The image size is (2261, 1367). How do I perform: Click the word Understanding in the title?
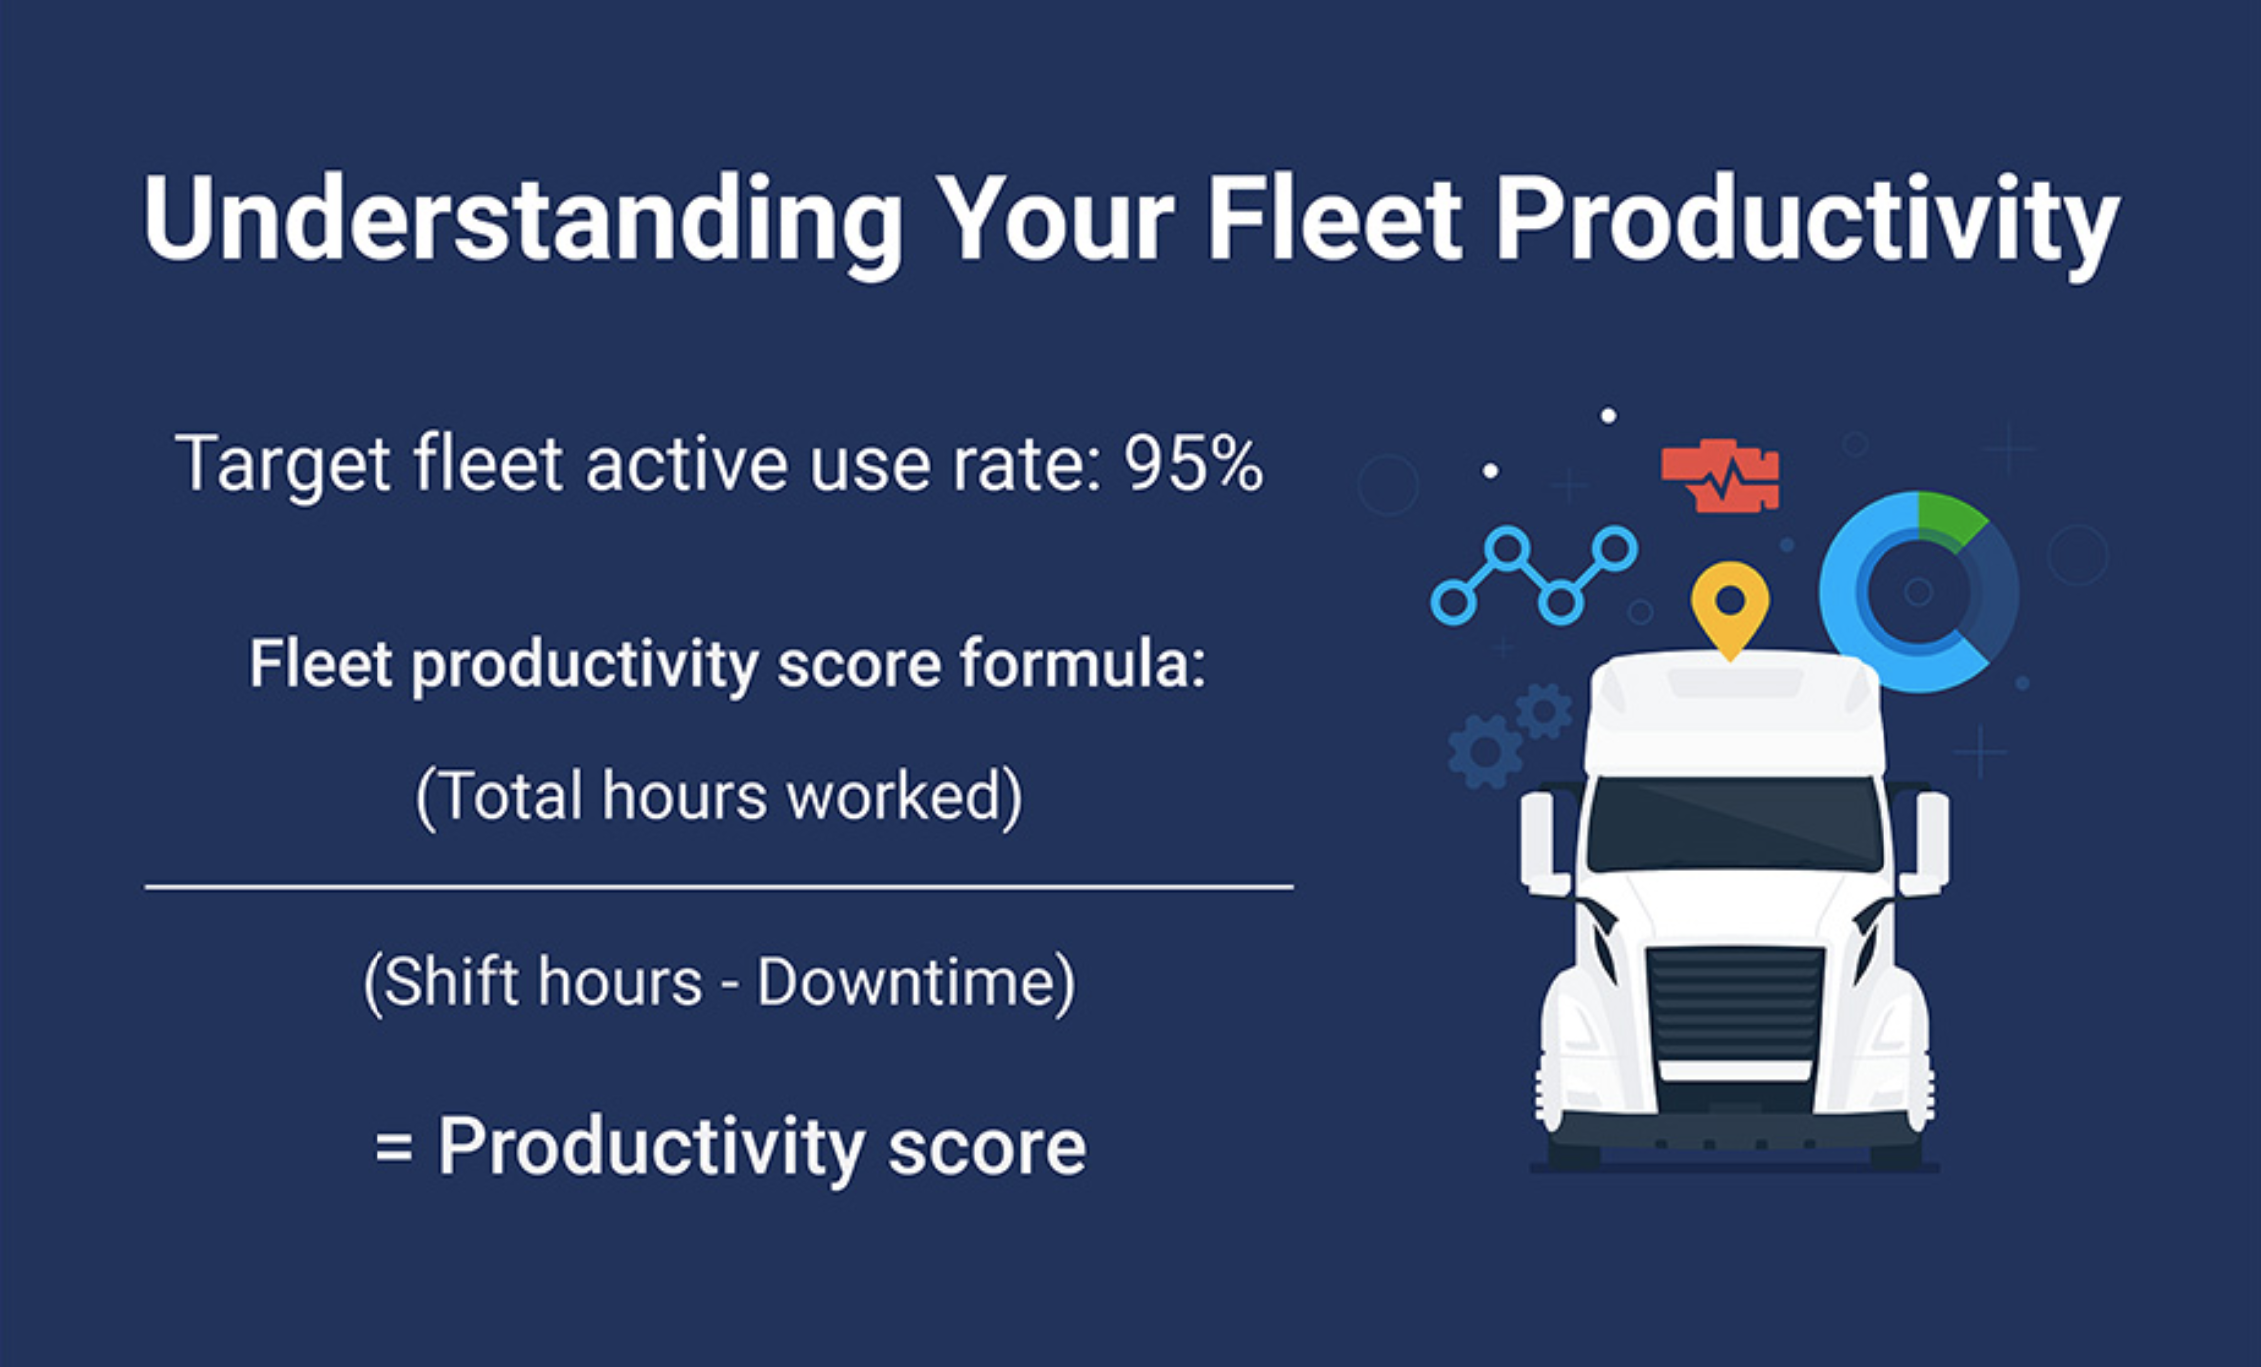point(522,222)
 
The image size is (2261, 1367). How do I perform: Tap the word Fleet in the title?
point(1335,218)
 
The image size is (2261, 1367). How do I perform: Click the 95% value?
point(1193,464)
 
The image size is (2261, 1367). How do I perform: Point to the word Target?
point(282,466)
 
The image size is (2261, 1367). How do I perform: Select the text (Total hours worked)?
point(719,797)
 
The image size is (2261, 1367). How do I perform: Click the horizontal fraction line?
point(719,886)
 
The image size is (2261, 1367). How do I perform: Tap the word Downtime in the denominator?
point(905,981)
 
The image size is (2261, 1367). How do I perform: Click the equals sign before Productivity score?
point(393,1147)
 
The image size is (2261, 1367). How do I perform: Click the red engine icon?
point(1720,476)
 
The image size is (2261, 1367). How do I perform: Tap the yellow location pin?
point(1730,605)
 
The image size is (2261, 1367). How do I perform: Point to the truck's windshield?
point(1735,824)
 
